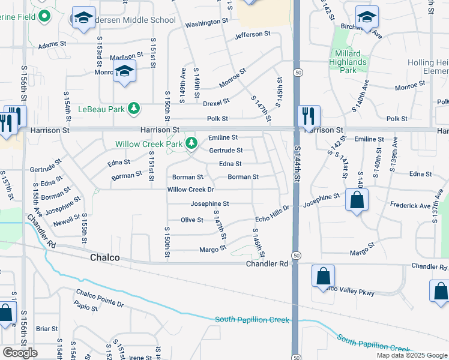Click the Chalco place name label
(x=104, y=258)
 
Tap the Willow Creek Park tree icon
(x=191, y=143)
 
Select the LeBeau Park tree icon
(x=135, y=108)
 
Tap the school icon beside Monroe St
(x=124, y=72)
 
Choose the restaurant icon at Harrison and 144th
(x=309, y=116)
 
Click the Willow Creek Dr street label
(x=190, y=190)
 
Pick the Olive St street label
(x=192, y=220)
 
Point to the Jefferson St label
(x=253, y=36)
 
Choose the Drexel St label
(x=216, y=103)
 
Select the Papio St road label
(x=86, y=309)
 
